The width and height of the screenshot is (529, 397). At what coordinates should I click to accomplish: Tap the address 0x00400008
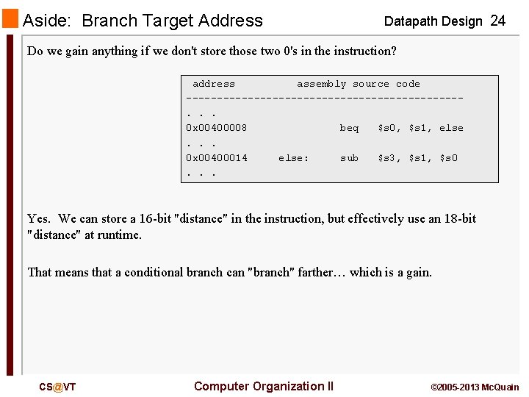pyautogui.click(x=217, y=128)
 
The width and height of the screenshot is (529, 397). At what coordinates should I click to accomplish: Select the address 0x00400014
pyautogui.click(x=217, y=157)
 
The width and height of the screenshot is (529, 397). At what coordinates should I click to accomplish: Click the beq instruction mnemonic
pyautogui.click(x=349, y=128)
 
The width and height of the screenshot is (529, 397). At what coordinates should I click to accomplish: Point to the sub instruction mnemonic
pyautogui.click(x=349, y=157)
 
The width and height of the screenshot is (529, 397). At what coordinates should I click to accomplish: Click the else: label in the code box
pyautogui.click(x=294, y=157)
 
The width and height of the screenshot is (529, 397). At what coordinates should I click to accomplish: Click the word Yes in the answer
pyautogui.click(x=38, y=218)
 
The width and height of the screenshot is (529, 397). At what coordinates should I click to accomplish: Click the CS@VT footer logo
pyautogui.click(x=57, y=387)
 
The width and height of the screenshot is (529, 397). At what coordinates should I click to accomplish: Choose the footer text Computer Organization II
pyautogui.click(x=264, y=386)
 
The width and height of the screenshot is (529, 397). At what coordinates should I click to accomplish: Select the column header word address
pyautogui.click(x=214, y=84)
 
